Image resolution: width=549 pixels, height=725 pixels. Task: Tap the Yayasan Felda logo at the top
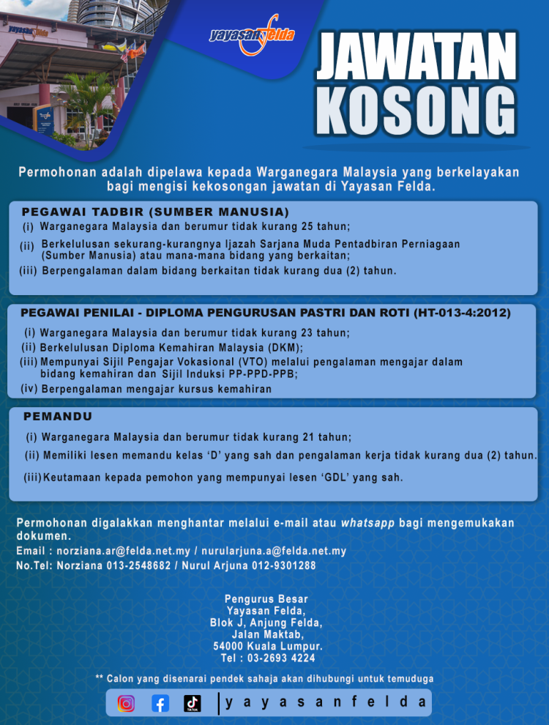tap(252, 34)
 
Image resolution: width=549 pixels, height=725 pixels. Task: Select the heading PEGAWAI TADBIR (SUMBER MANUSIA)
tap(156, 212)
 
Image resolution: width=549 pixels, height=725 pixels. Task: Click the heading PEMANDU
tap(58, 416)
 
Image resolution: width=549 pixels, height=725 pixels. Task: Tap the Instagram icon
tap(126, 703)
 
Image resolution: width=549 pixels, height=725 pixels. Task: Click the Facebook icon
tap(160, 703)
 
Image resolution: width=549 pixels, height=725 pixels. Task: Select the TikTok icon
tap(193, 703)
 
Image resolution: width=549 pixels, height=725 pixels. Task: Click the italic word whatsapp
tap(367, 523)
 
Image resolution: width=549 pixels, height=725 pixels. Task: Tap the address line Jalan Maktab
tap(267, 634)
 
